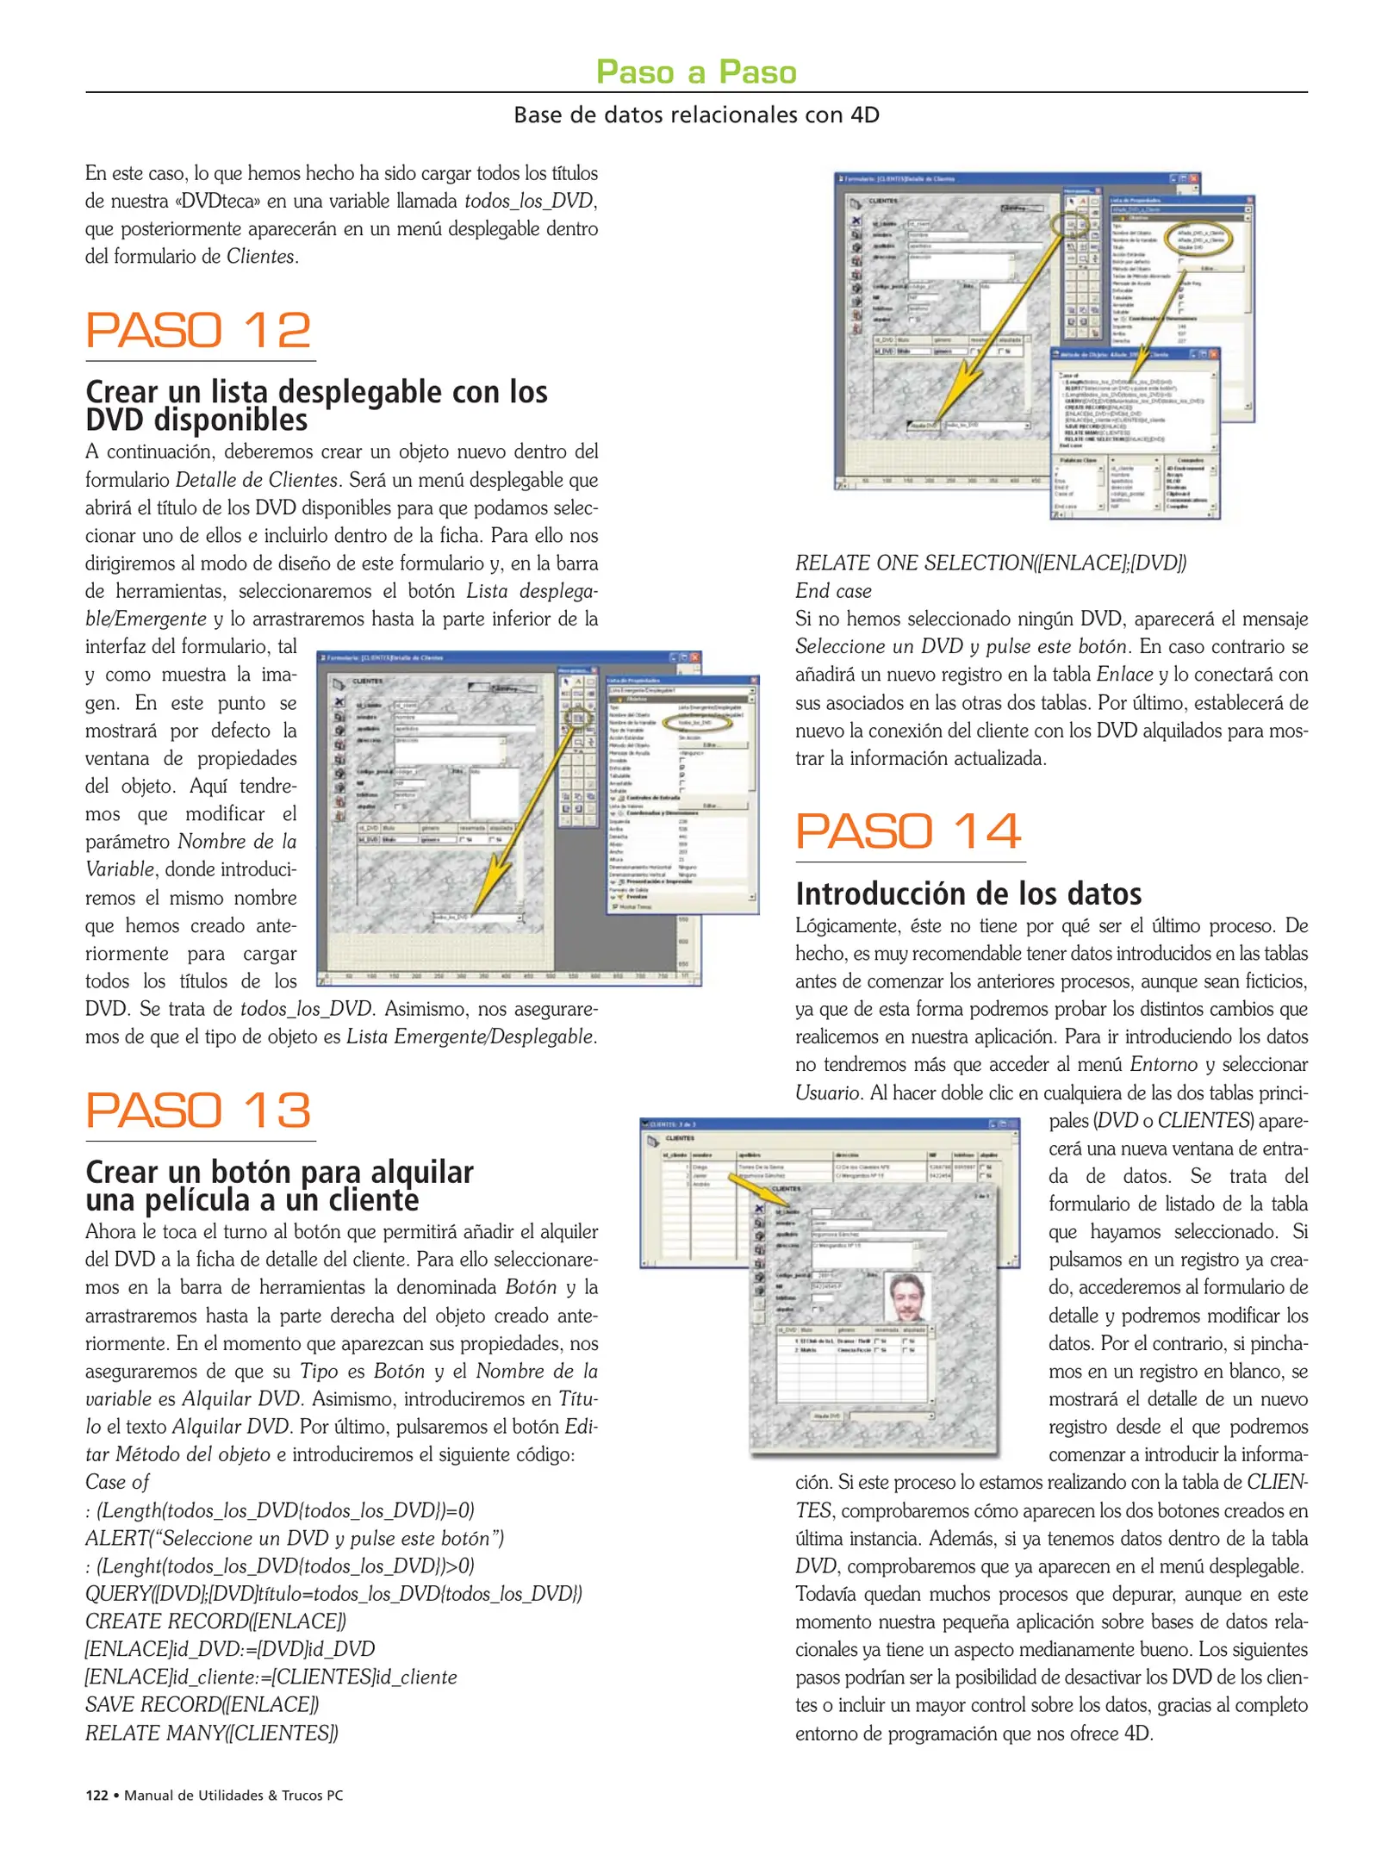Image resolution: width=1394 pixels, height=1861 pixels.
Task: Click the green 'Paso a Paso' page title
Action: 696,72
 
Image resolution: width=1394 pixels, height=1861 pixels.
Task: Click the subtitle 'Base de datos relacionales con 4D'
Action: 696,115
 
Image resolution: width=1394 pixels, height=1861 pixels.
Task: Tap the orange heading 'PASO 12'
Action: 198,331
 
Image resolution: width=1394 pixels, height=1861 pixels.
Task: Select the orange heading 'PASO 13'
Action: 198,1111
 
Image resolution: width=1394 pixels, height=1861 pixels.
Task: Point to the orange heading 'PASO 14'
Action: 908,831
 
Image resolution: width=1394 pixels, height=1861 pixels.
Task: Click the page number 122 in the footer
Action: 96,1796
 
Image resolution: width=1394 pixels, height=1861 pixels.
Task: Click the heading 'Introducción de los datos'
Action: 968,893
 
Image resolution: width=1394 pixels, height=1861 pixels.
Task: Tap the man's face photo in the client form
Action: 907,1298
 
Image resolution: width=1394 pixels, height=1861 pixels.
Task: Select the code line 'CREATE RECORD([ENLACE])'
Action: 215,1621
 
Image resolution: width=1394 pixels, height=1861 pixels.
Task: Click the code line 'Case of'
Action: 117,1482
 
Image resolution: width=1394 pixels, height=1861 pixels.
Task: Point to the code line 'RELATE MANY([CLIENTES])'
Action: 212,1733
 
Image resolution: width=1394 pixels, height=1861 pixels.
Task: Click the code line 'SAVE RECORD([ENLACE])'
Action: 202,1705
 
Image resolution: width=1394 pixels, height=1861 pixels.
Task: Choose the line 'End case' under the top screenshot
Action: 833,591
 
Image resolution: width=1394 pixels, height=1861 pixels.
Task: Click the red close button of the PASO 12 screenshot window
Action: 694,657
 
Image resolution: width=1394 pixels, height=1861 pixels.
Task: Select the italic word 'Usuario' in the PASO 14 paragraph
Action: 827,1093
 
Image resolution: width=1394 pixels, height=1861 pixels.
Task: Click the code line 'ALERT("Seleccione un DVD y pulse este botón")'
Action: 295,1538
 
